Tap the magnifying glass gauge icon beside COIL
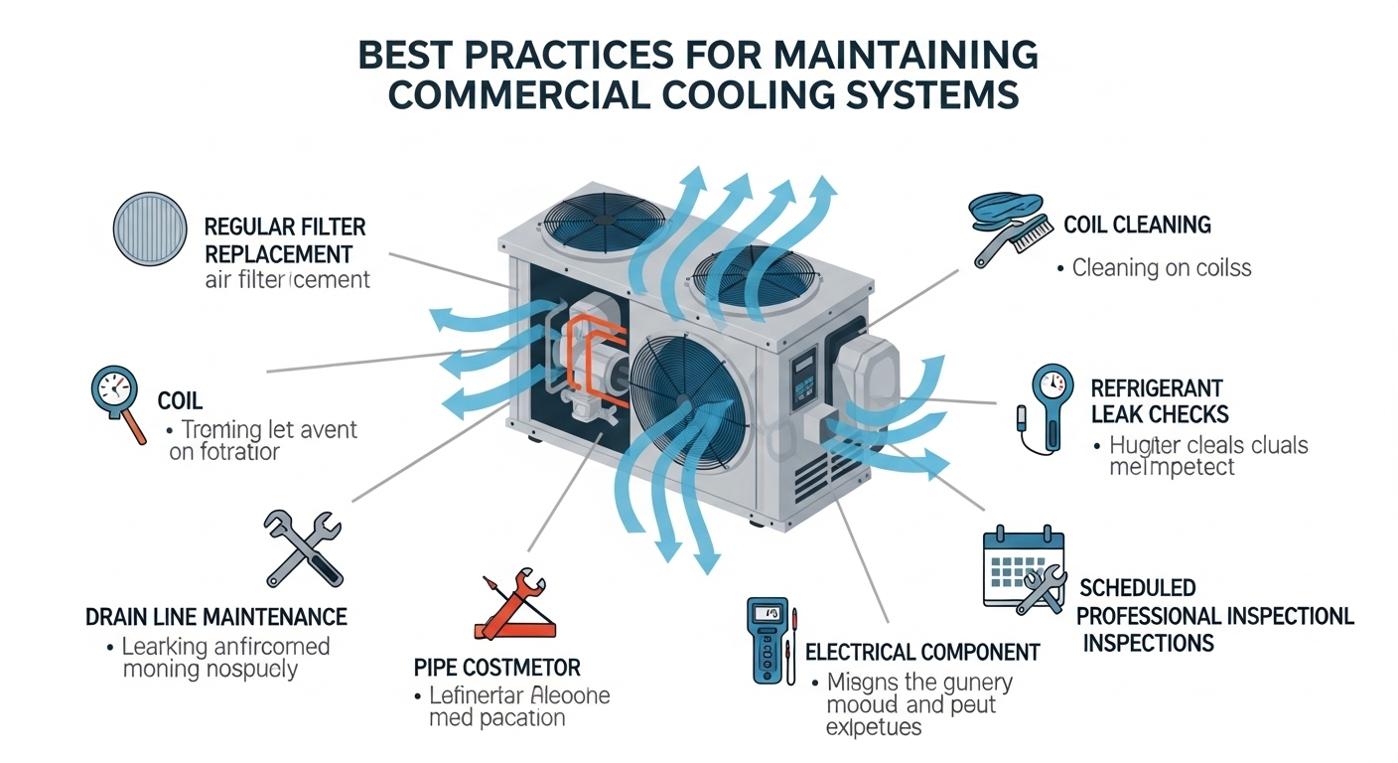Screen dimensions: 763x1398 pyautogui.click(x=117, y=403)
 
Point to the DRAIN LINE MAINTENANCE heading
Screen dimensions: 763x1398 pyautogui.click(x=216, y=617)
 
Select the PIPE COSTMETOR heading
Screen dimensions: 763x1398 pyautogui.click(x=496, y=666)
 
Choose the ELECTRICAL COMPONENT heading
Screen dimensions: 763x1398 pyautogui.click(x=922, y=653)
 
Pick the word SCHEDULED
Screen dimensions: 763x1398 pyautogui.click(x=1137, y=588)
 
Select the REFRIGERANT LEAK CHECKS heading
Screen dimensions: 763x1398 pyautogui.click(x=1159, y=400)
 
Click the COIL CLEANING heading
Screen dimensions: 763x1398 pyautogui.click(x=1137, y=225)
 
